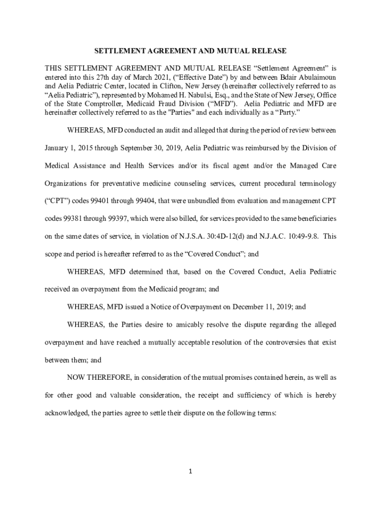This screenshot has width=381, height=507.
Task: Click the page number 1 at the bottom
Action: click(x=190, y=471)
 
